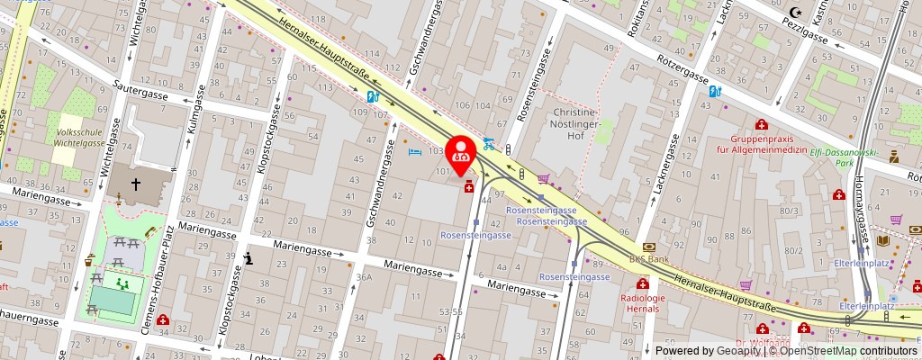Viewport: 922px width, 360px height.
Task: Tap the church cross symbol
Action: tap(136, 184)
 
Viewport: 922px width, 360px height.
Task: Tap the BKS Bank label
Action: tap(649, 258)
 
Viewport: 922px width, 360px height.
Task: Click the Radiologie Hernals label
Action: tap(643, 303)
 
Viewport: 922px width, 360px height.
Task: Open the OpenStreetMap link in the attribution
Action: tap(818, 351)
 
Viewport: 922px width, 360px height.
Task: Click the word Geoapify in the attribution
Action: tap(736, 351)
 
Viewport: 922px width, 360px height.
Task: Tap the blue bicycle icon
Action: tap(489, 143)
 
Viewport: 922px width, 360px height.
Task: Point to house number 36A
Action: tap(364, 278)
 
